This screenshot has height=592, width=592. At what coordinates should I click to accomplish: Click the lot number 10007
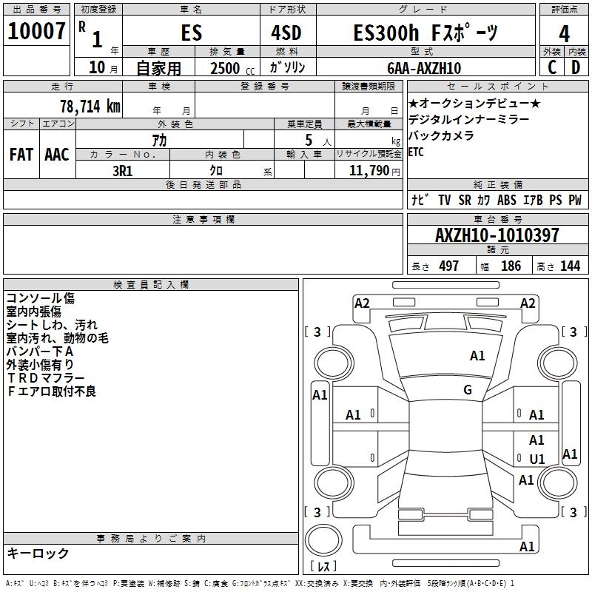pyautogui.click(x=37, y=32)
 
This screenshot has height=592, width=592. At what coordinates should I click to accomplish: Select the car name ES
pyautogui.click(x=191, y=33)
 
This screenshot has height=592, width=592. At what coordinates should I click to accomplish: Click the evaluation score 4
pyautogui.click(x=564, y=33)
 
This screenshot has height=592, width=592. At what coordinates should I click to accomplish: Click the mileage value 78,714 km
pyautogui.click(x=90, y=106)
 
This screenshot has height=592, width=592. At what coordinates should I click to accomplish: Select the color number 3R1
pyautogui.click(x=122, y=170)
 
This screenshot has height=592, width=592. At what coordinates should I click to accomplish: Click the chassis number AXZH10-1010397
pyautogui.click(x=497, y=235)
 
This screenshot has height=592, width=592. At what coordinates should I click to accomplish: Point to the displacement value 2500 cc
pyautogui.click(x=230, y=68)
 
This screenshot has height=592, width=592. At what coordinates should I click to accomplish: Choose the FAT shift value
pyautogui.click(x=21, y=155)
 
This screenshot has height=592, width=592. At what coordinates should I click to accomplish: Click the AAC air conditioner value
pyautogui.click(x=57, y=155)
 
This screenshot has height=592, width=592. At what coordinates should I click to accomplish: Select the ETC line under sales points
pyautogui.click(x=416, y=152)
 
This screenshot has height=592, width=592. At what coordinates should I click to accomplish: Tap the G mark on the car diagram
pyautogui.click(x=468, y=390)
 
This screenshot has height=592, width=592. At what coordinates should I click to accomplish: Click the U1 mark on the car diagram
pyautogui.click(x=537, y=459)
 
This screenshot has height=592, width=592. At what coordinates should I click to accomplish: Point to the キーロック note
pyautogui.click(x=38, y=554)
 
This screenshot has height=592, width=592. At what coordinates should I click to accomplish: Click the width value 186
pyautogui.click(x=511, y=266)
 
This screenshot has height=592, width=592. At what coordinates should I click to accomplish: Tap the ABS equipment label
pyautogui.click(x=507, y=201)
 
